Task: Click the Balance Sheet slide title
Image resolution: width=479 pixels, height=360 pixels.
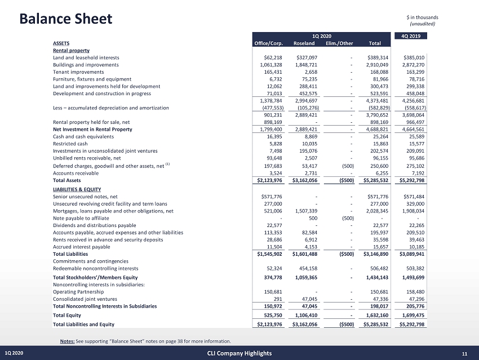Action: coord(65,19)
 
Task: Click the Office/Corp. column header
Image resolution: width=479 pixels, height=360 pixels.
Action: coord(268,43)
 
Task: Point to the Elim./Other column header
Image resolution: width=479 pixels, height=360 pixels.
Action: coord(339,43)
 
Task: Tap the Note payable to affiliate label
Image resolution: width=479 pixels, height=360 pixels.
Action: coord(81,217)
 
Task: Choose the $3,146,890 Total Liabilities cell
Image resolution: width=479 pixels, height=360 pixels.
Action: coord(369,254)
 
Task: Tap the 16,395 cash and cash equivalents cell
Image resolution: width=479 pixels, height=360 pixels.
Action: coord(274,136)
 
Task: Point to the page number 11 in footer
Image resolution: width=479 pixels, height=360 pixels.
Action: coord(464,353)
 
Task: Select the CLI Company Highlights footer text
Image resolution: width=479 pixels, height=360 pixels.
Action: coord(238,353)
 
